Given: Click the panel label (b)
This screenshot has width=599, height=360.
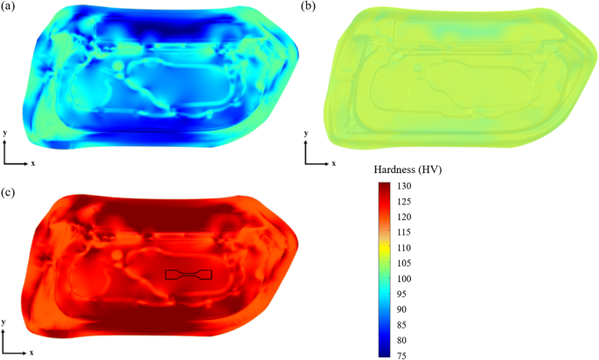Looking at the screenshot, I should [x=308, y=8].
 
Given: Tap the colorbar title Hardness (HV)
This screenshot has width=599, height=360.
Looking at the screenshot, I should [x=408, y=171].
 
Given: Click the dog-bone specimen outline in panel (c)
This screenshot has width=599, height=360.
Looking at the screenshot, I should [x=188, y=275].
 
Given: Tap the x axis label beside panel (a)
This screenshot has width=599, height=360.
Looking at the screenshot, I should [x=32, y=163].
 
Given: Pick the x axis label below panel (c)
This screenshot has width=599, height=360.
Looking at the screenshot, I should [x=32, y=352].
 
